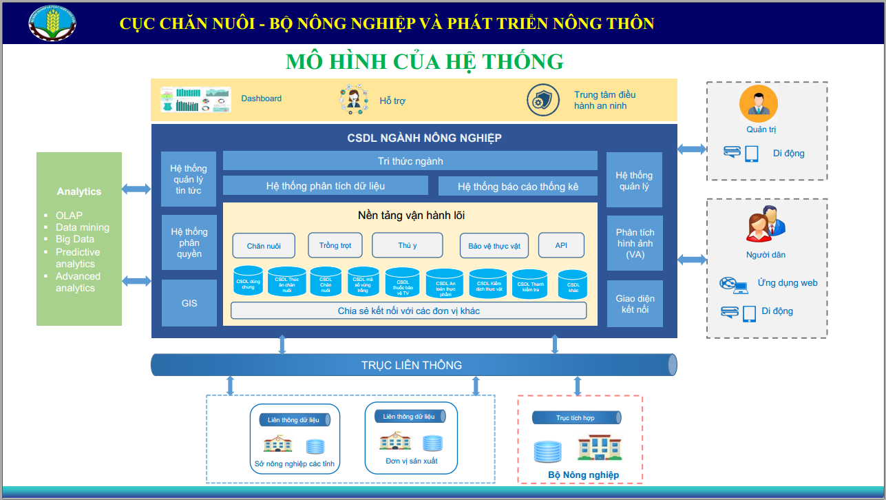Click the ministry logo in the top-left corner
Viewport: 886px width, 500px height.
52,23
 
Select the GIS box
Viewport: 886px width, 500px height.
189,303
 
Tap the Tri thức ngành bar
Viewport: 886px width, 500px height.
410,161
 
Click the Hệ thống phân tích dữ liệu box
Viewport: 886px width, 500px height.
326,186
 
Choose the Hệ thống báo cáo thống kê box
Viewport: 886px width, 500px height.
518,187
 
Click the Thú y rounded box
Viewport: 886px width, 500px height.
408,246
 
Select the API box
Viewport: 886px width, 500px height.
561,245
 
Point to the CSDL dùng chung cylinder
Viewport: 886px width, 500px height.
249,282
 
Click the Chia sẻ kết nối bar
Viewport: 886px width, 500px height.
408,311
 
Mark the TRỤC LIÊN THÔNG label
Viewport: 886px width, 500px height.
412,365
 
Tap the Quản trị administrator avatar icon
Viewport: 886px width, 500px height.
759,103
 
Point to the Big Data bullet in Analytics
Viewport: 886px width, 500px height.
75,239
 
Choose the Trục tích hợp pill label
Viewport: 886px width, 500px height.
576,418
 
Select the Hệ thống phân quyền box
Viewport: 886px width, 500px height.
189,243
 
